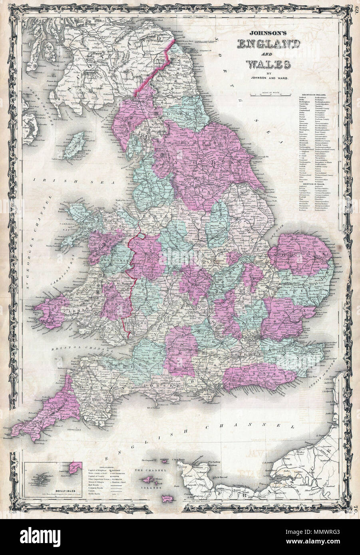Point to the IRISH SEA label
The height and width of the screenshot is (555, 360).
tap(52, 180)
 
